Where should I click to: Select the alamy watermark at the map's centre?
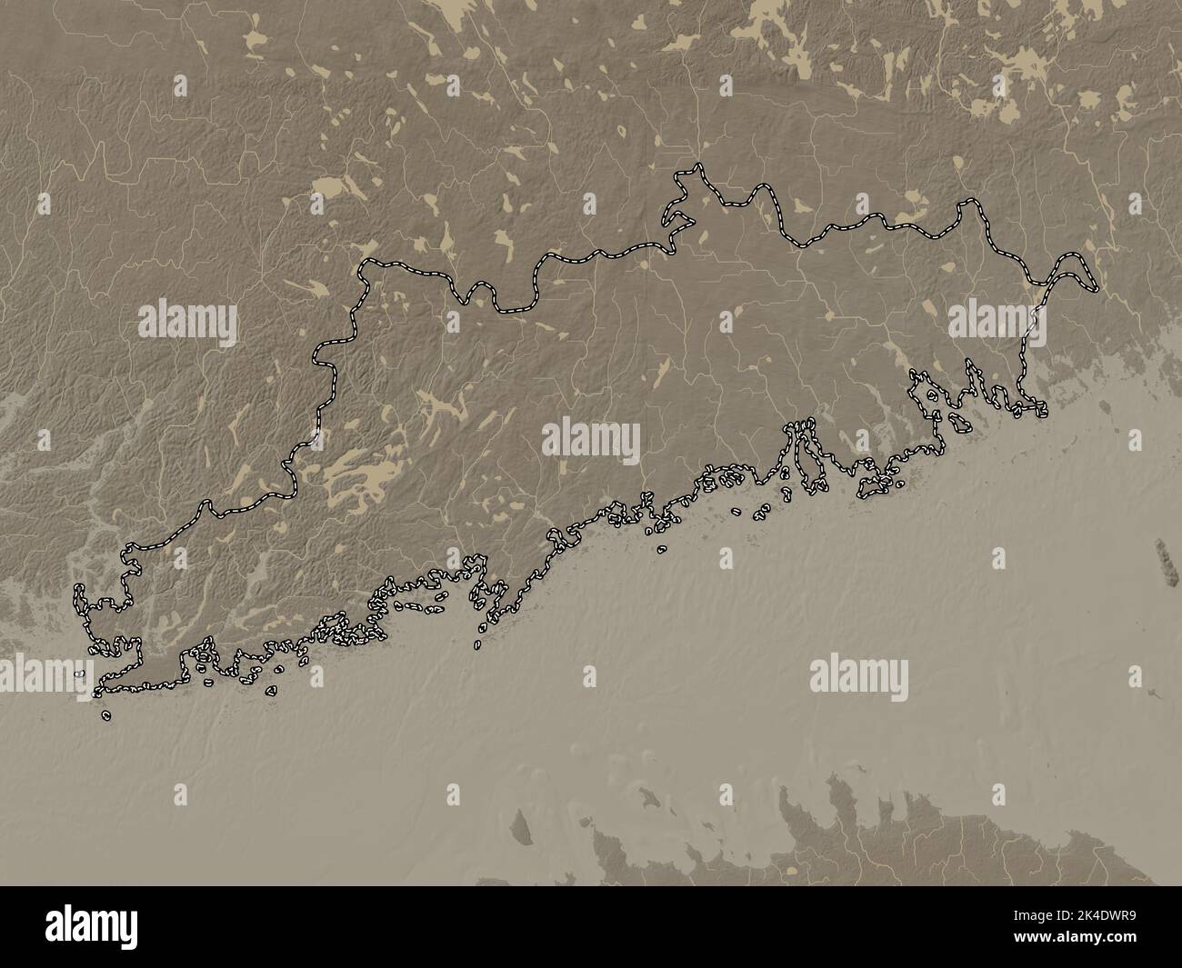(x=591, y=443)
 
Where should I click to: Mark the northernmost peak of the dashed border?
(x=697, y=166)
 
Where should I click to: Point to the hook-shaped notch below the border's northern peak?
(x=675, y=218)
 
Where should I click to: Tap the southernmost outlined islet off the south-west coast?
(x=107, y=715)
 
